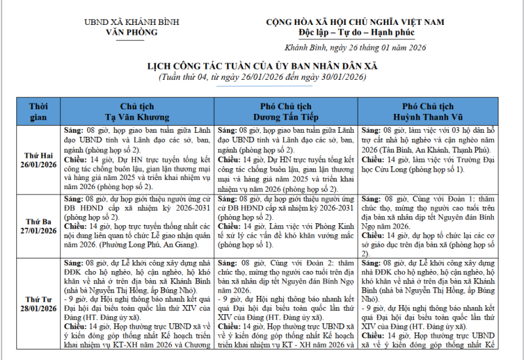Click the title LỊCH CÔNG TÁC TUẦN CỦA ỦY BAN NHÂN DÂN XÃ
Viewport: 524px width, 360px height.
(x=262, y=66)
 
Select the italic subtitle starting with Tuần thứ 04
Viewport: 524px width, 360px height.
(x=262, y=77)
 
